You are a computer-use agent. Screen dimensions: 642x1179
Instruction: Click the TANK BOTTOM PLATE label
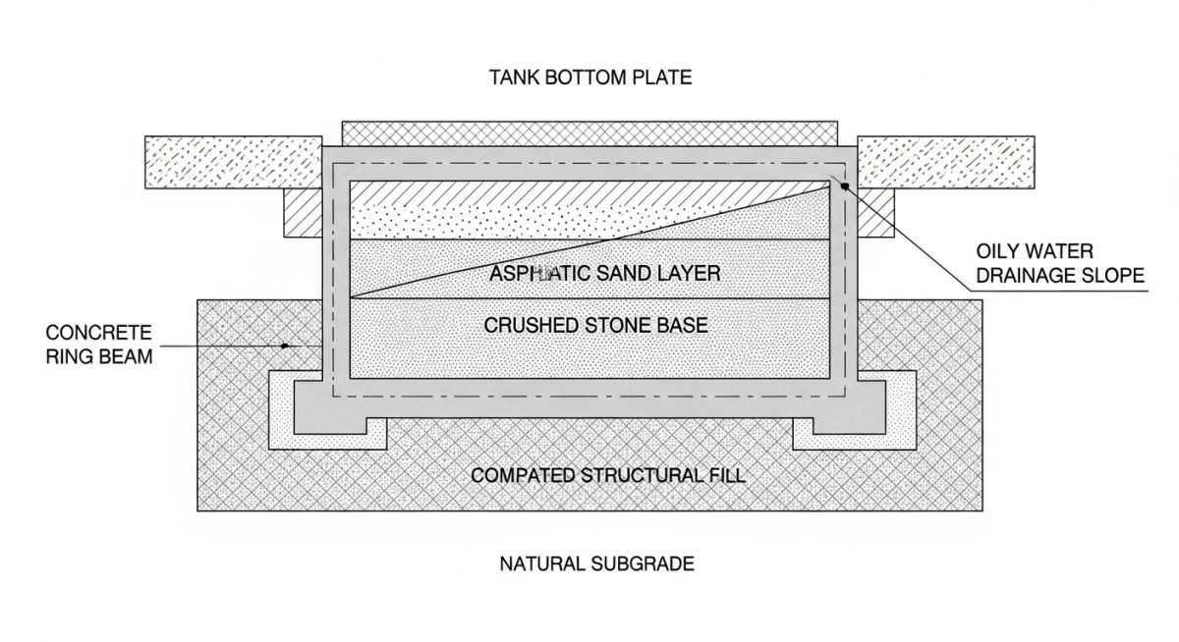coord(590,77)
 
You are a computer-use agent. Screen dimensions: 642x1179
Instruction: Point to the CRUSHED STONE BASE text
coord(596,325)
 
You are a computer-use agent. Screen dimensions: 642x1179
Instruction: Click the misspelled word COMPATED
coord(519,476)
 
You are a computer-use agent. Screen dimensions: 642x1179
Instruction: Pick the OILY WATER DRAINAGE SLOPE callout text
coord(1060,264)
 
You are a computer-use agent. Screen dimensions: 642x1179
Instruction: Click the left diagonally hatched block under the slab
coord(304,213)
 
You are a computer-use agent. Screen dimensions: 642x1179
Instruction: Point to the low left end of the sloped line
coord(352,296)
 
